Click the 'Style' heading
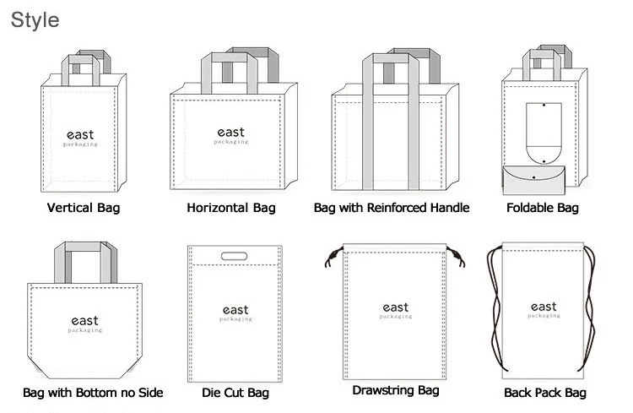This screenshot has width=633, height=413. [x=35, y=19]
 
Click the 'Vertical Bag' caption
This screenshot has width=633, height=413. [x=83, y=208]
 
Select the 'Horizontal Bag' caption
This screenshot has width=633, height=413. [x=230, y=208]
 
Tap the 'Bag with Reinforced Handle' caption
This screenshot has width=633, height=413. [x=391, y=208]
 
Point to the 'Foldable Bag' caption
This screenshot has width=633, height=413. [x=542, y=208]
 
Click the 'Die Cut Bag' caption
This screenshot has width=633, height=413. [x=235, y=393]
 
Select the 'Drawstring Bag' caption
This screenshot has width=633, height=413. [x=395, y=391]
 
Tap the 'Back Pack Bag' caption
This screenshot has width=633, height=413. [x=544, y=393]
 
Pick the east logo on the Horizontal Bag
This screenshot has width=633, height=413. [x=231, y=136]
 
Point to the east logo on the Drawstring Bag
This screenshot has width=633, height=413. [x=395, y=310]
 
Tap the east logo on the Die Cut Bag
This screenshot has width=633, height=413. [x=235, y=313]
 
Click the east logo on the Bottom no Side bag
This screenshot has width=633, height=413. [x=84, y=323]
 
